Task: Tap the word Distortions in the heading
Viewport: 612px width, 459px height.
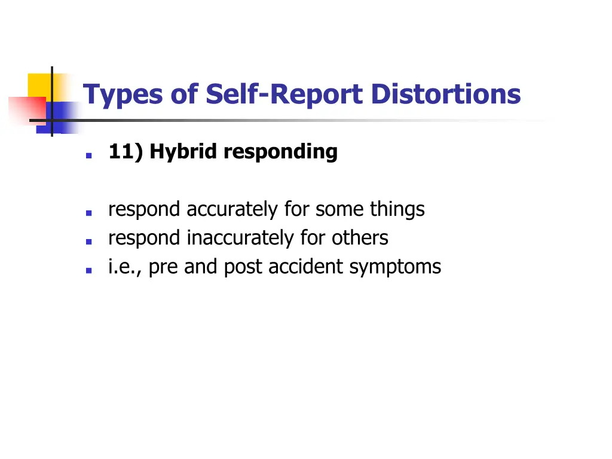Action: [445, 94]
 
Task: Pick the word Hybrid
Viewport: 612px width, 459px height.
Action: [184, 152]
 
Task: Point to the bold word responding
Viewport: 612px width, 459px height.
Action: [280, 152]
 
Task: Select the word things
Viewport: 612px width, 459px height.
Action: [397, 210]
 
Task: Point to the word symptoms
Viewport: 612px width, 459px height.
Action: [395, 267]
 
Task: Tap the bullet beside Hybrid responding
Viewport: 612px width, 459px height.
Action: [88, 155]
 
